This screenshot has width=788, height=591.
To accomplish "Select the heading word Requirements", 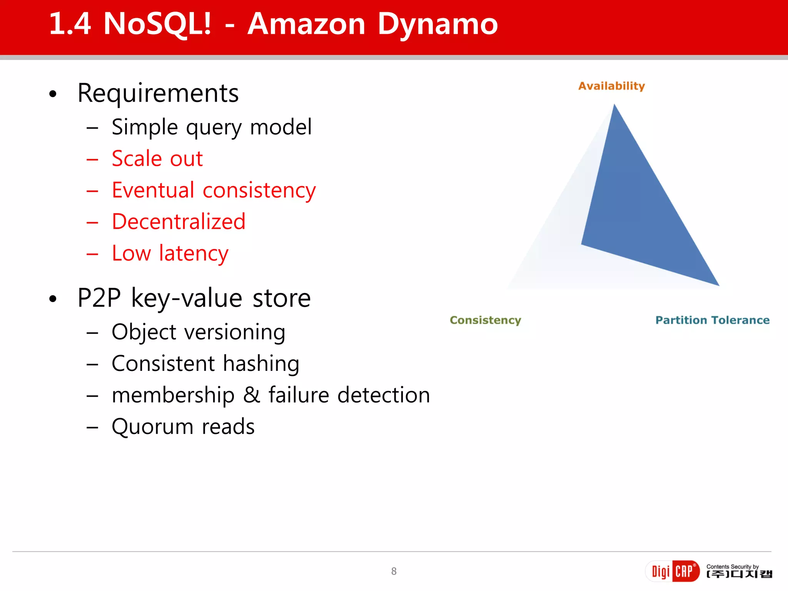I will pyautogui.click(x=158, y=93).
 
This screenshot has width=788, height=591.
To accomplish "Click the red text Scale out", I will pyautogui.click(x=157, y=159).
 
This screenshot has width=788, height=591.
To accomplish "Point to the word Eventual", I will pyautogui.click(x=153, y=190).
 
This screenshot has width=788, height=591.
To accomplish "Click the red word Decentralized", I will pyautogui.click(x=179, y=222).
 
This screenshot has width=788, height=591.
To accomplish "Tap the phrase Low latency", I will pyautogui.click(x=170, y=254).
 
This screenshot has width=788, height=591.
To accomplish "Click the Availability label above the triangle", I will pyautogui.click(x=611, y=86).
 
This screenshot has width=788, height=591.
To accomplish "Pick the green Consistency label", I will pyautogui.click(x=485, y=320).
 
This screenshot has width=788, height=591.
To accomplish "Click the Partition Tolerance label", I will pyautogui.click(x=712, y=320).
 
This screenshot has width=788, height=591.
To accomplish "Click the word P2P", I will pyautogui.click(x=99, y=298).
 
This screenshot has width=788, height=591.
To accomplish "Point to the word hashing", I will pyautogui.click(x=261, y=364).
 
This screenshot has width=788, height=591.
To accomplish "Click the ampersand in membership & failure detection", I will pyautogui.click(x=252, y=395).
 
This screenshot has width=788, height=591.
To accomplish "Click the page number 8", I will pyautogui.click(x=394, y=571).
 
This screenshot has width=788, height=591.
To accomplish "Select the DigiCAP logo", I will pyautogui.click(x=672, y=571).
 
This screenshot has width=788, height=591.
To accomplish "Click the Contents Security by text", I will pyautogui.click(x=732, y=566).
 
